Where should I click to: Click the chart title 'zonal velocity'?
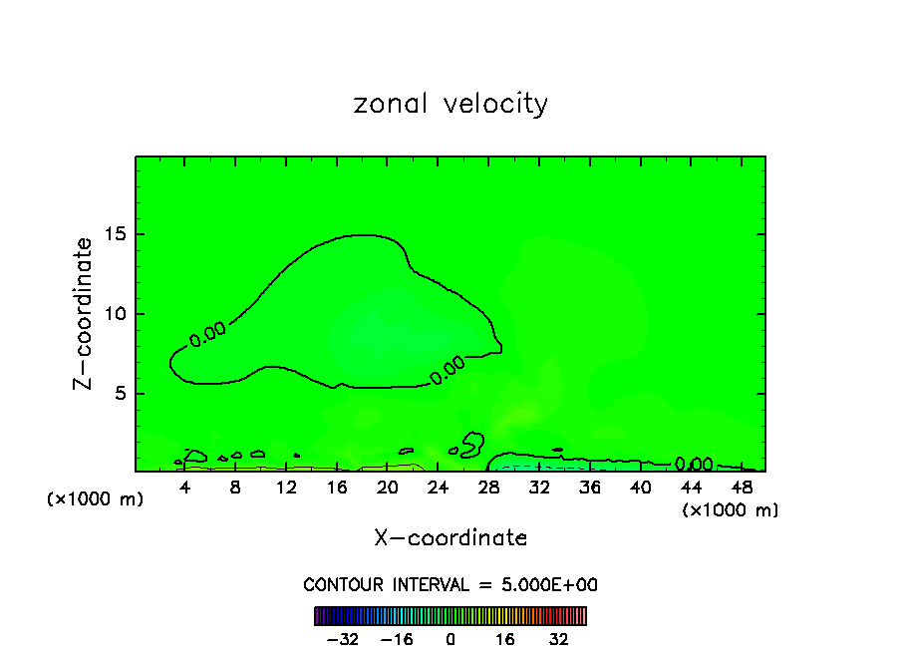tap(450, 104)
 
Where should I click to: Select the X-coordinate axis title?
tap(450, 538)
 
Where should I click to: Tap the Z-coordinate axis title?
tap(86, 313)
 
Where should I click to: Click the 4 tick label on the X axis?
tap(185, 488)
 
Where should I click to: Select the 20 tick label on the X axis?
tap(388, 488)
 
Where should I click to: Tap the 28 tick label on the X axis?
tap(488, 488)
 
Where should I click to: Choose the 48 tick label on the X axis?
tap(742, 488)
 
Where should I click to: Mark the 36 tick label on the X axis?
tap(590, 488)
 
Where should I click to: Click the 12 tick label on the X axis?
tap(286, 488)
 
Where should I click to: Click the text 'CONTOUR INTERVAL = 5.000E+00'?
tap(450, 584)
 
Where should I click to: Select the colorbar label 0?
tap(450, 640)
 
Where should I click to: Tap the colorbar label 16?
tap(505, 640)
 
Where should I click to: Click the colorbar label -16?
tap(397, 640)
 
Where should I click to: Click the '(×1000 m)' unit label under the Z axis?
tap(96, 499)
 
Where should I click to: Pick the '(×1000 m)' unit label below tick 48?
tap(731, 510)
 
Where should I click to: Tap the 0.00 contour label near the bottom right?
tap(694, 464)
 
